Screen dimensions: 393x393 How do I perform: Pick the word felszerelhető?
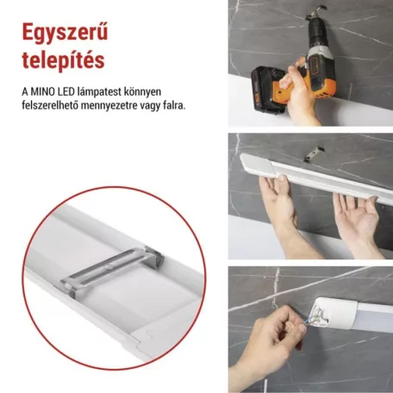pyautogui.click(x=53, y=105)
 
